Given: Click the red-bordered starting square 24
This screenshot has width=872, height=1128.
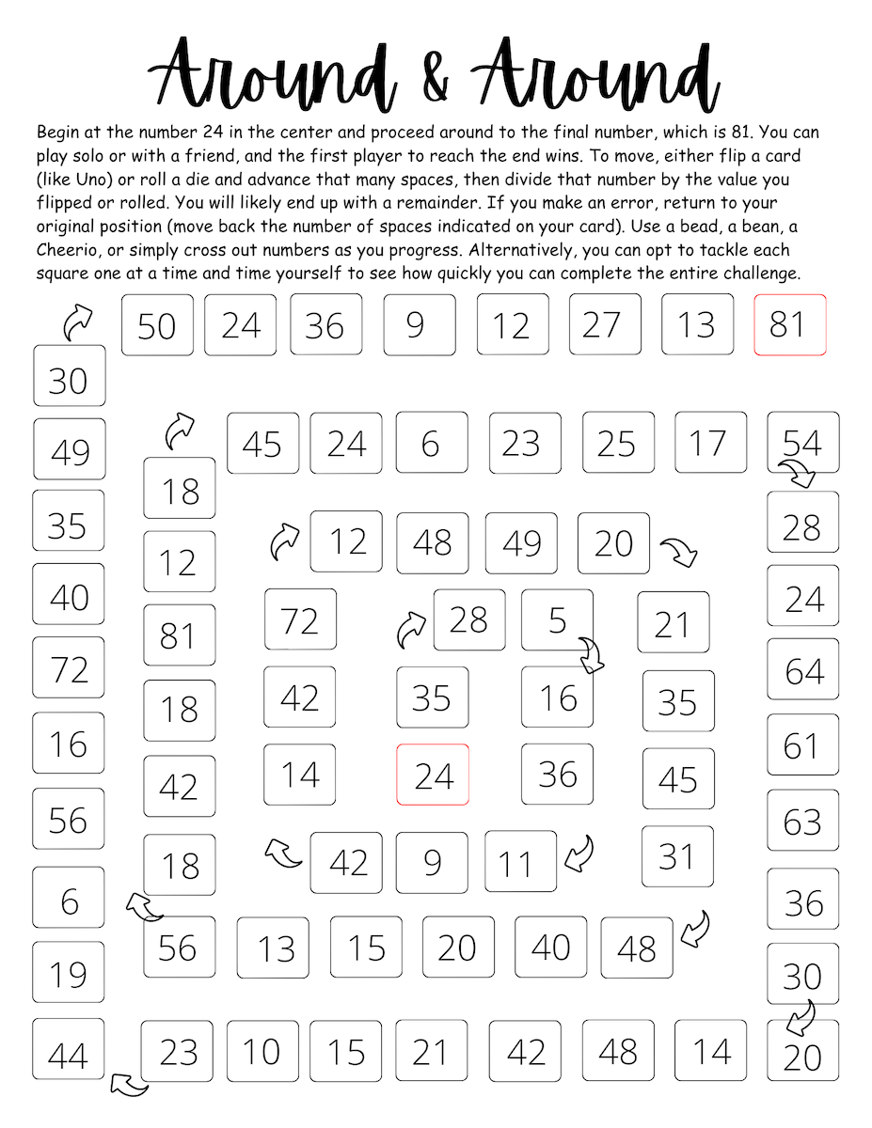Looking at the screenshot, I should (x=433, y=775).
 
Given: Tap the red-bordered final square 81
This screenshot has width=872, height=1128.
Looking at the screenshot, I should (x=789, y=324).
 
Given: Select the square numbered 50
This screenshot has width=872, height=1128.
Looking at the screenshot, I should (x=157, y=324).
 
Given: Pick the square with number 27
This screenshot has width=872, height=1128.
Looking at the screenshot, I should (x=605, y=324).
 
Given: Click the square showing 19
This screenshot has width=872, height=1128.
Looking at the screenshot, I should (x=69, y=973).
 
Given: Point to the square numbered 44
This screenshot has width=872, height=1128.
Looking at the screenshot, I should (x=69, y=1054).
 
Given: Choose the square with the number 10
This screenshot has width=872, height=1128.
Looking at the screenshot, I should (x=262, y=1051).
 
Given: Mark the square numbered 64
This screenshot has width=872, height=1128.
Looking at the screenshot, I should (x=803, y=669).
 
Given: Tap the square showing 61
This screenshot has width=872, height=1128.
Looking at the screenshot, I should (x=803, y=745).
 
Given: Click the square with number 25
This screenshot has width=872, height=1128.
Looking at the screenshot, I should (x=618, y=443).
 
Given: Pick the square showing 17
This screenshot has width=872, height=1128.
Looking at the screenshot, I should (x=710, y=443).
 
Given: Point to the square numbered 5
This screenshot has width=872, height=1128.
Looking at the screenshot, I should (x=558, y=619).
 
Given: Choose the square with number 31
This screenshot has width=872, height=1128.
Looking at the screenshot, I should (x=677, y=856).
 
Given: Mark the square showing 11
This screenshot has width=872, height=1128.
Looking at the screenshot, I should (x=520, y=862).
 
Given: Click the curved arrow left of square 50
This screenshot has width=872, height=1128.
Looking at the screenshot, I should (x=77, y=321).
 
